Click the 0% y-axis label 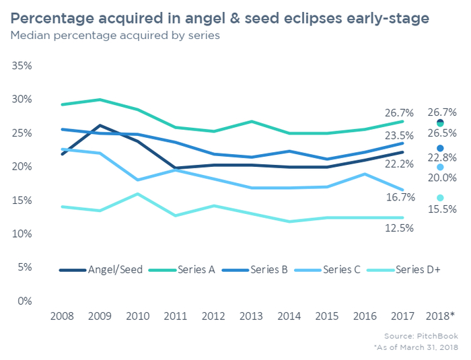(24, 301)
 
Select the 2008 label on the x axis (62, 316)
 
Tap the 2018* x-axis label (441, 316)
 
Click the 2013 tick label (251, 316)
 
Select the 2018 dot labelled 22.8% (440, 148)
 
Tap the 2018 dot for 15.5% (440, 198)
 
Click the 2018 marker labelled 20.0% (440, 167)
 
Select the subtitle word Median (30, 36)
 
